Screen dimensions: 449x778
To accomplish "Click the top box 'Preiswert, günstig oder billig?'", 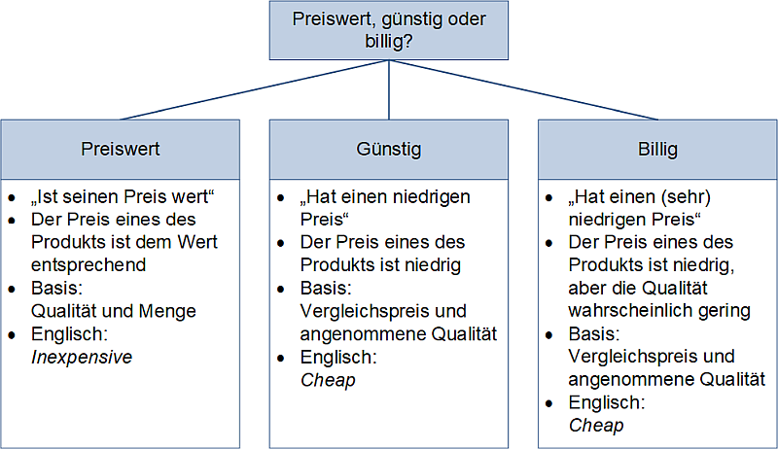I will (389, 31).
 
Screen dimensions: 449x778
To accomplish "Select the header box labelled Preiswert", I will (120, 150).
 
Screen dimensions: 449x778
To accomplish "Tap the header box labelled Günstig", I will (389, 150).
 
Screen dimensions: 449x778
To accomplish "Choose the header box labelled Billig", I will (658, 150).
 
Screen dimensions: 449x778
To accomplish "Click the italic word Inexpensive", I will (82, 357).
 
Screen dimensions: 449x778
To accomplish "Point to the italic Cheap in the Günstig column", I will (328, 380).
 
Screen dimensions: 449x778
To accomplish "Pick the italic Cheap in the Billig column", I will (596, 425).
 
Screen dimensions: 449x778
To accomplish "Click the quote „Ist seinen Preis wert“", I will (123, 196).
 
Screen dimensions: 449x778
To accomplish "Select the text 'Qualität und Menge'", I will (114, 311).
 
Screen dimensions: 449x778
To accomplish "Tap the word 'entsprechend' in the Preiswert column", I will (89, 264).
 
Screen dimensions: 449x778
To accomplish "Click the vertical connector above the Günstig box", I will (389, 90).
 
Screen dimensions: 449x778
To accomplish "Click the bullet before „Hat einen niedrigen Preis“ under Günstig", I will (283, 197).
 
